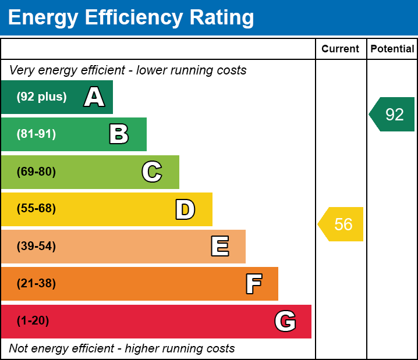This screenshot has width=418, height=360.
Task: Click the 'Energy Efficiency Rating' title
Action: pyautogui.click(x=131, y=18)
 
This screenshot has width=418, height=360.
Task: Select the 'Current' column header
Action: pyautogui.click(x=341, y=49)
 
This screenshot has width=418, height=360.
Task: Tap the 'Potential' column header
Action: pyautogui.click(x=392, y=49)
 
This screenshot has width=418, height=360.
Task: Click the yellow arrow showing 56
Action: pyautogui.click(x=341, y=224)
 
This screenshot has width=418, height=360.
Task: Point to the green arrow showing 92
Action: pyautogui.click(x=392, y=115)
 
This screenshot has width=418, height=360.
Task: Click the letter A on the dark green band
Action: pyautogui.click(x=94, y=97)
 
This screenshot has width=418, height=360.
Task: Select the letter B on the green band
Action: pyautogui.click(x=119, y=134)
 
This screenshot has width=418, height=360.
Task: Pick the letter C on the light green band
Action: pyautogui.click(x=151, y=172)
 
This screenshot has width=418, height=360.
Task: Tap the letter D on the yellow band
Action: pyautogui.click(x=185, y=209)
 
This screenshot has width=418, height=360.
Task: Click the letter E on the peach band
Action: pyautogui.click(x=219, y=247)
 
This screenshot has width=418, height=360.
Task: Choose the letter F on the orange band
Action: pyautogui.click(x=253, y=284)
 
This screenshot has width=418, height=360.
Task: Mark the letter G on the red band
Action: pyautogui.click(x=285, y=321)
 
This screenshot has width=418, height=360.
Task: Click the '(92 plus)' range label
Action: pyautogui.click(x=41, y=97)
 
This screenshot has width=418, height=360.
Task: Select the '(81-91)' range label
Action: pyautogui.click(x=36, y=134)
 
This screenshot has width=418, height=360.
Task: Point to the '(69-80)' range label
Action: pyautogui.click(x=36, y=172)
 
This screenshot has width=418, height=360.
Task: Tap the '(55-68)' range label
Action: pyautogui.click(x=36, y=209)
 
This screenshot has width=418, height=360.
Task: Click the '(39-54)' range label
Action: pyautogui.click(x=36, y=247)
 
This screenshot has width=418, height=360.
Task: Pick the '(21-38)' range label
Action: pyautogui.click(x=36, y=284)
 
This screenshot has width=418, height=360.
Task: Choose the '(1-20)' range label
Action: pyautogui.click(x=33, y=321)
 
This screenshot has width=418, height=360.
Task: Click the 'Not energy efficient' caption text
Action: pyautogui.click(x=122, y=348)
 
